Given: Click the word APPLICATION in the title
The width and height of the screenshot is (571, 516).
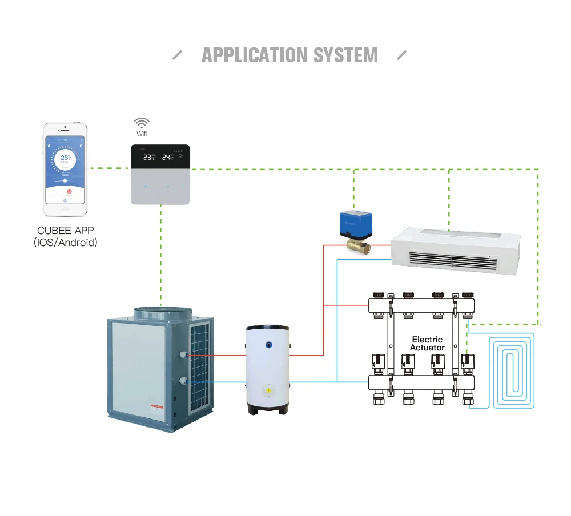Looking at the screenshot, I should (x=255, y=55).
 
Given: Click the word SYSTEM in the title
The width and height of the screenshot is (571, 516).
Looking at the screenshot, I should (x=345, y=55).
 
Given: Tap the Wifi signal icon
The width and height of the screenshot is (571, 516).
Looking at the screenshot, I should (x=141, y=123).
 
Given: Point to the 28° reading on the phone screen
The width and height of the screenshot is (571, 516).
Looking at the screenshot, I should (x=66, y=158).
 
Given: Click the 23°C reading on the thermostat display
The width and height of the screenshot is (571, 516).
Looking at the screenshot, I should (x=149, y=157).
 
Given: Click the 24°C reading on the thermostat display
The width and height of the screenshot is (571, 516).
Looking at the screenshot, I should (x=167, y=157).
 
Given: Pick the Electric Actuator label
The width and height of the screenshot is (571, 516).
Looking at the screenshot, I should (x=427, y=344).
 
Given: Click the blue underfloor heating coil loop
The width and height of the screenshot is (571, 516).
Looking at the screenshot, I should (x=513, y=371).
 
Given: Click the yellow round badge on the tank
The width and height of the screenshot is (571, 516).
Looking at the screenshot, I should (x=267, y=390).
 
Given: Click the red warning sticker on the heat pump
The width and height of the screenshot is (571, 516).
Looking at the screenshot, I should (x=156, y=409).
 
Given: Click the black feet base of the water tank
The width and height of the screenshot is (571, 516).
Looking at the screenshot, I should (x=267, y=409).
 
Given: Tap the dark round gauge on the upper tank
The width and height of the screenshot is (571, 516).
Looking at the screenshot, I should (x=268, y=345).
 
